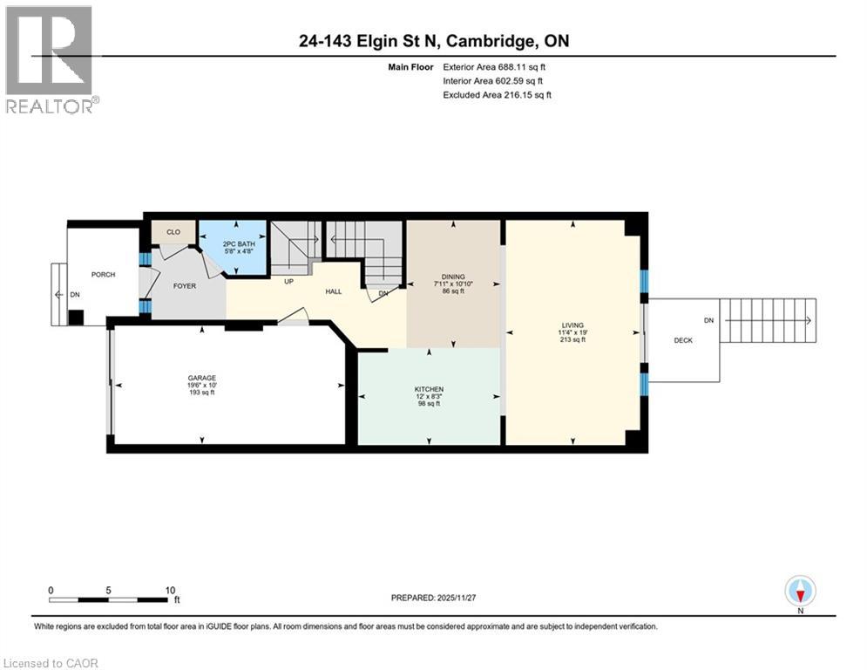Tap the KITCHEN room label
(x=430, y=388)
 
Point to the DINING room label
(x=453, y=277)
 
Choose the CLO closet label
(x=173, y=233)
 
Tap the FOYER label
(x=184, y=286)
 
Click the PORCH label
(x=104, y=275)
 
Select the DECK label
(x=683, y=340)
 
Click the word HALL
(x=333, y=291)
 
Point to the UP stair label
(x=288, y=281)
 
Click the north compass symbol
(x=800, y=592)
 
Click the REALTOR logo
(x=51, y=59)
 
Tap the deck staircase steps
(x=767, y=320)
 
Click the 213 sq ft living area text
(x=572, y=340)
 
